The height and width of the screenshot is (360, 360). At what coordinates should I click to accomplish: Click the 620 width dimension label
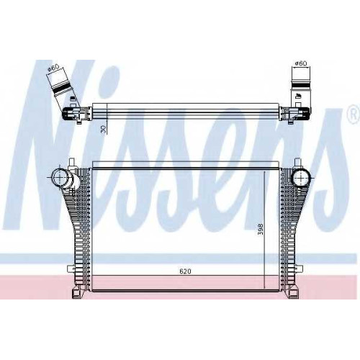(185, 271)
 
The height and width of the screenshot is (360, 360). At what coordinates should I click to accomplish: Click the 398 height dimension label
(261, 229)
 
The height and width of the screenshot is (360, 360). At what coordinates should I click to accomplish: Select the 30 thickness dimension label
(104, 130)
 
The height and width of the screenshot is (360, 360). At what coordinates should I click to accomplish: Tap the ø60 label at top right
(301, 63)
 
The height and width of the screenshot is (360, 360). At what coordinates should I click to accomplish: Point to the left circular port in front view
(59, 178)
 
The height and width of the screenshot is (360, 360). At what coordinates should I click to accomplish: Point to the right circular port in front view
(300, 178)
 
